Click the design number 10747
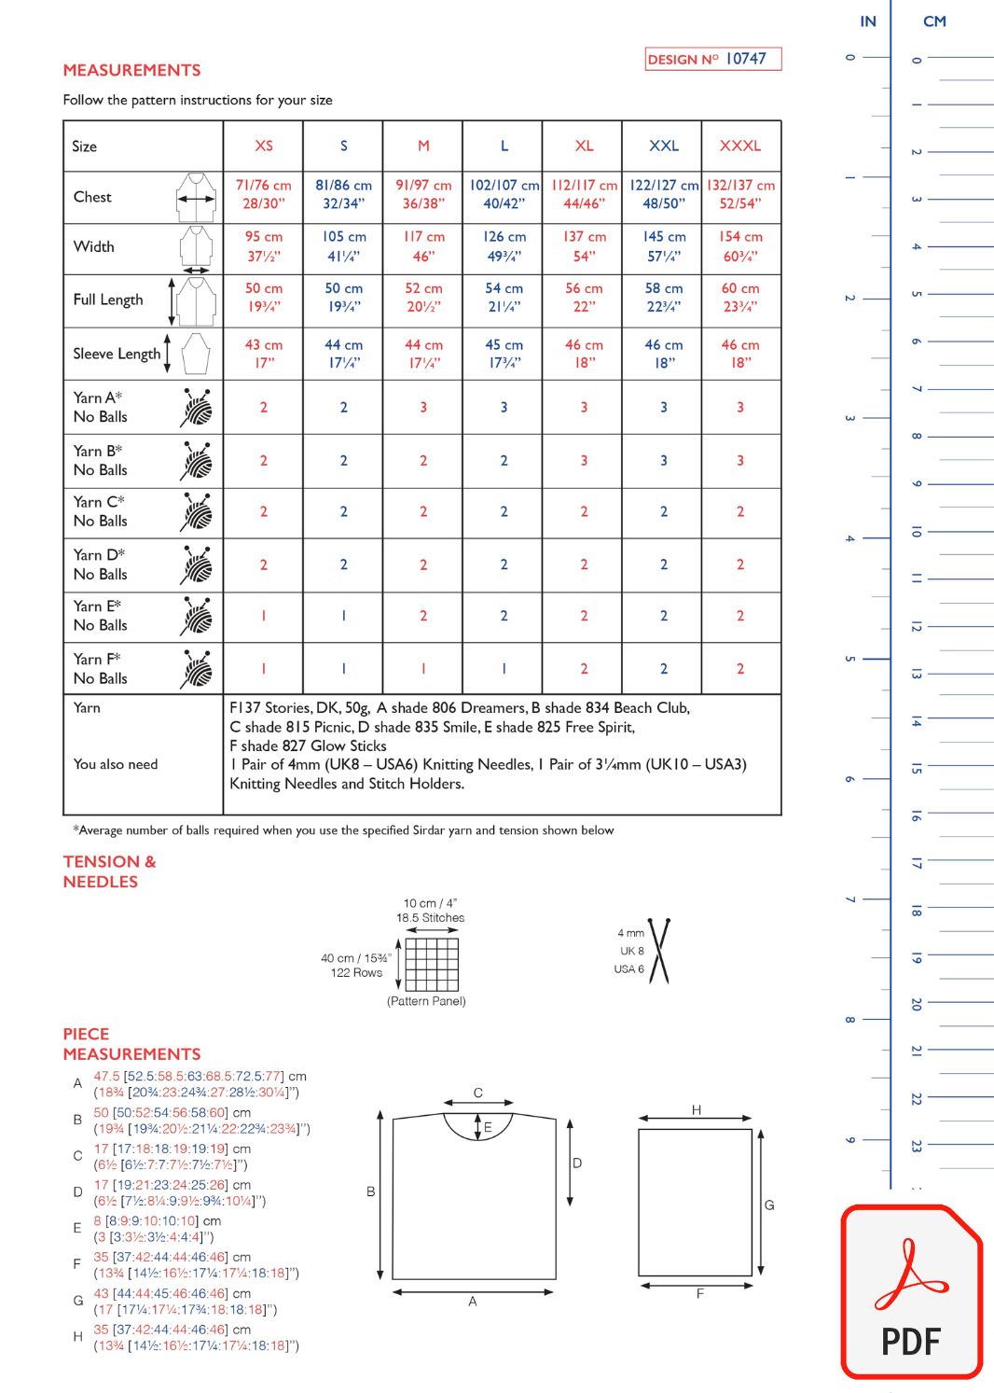745,59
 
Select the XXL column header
663,146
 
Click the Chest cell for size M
423,194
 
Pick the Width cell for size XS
264,246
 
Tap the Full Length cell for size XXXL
740,298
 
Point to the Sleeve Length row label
117,354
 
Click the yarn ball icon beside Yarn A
198,407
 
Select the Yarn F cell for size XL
584,669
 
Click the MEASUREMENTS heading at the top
131,70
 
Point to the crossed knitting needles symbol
660,951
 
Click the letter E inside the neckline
487,1127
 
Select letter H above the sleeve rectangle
697,1109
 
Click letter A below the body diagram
472,1301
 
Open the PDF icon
911,1292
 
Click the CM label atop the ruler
934,21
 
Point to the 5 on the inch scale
849,659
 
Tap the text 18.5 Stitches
430,918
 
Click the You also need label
116,764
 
